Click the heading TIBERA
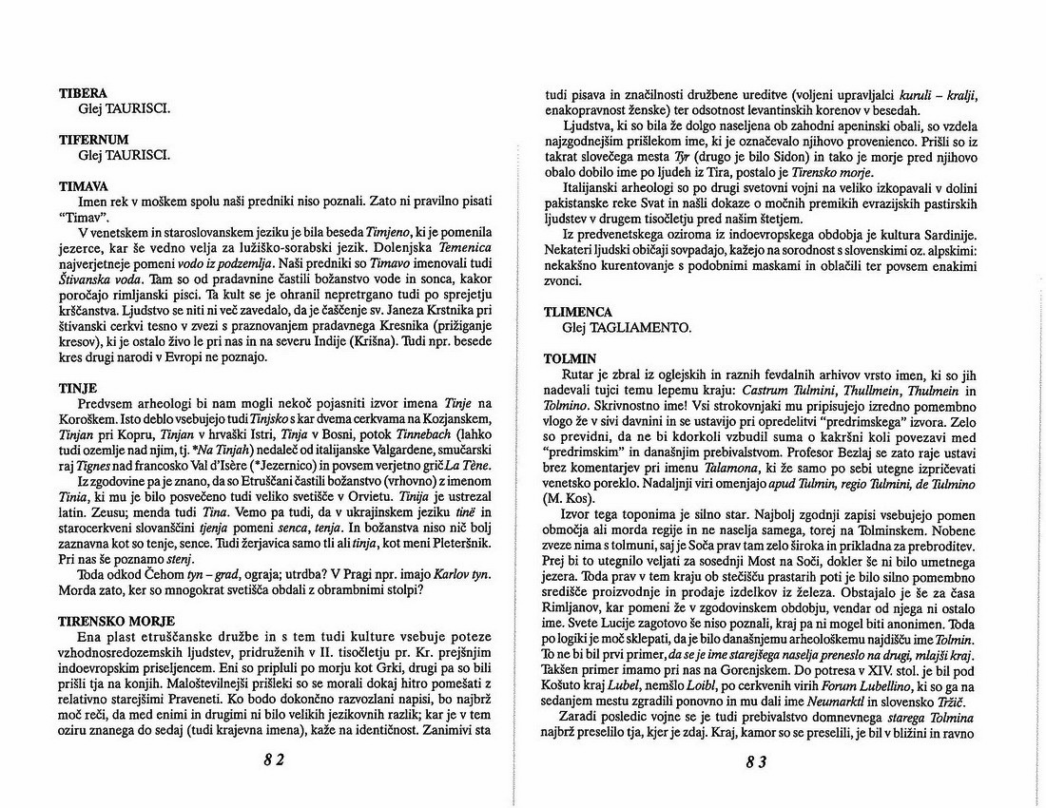[x=83, y=93]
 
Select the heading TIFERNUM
[x=93, y=140]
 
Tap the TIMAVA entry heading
[x=84, y=186]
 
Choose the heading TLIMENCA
[x=578, y=312]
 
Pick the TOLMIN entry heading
[x=570, y=358]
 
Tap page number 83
[x=757, y=760]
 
